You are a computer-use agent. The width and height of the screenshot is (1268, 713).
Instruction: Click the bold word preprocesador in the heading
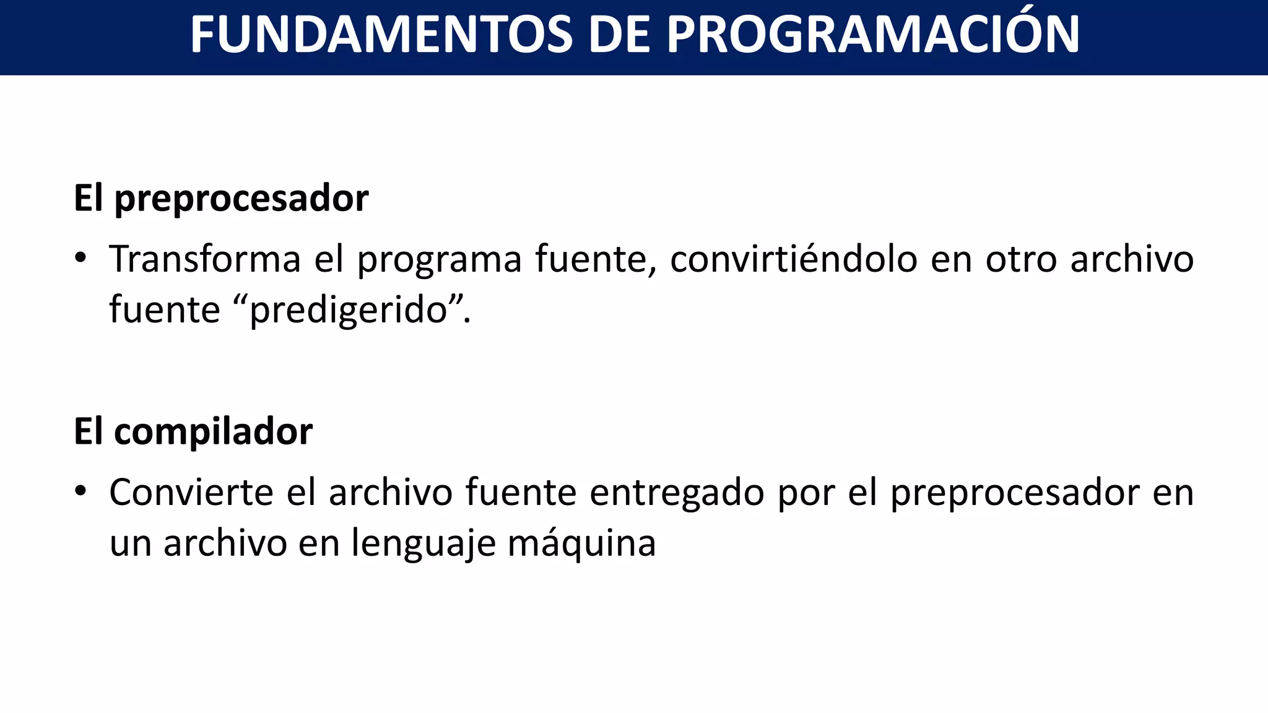point(241,199)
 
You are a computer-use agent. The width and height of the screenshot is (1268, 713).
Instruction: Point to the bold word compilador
point(213,431)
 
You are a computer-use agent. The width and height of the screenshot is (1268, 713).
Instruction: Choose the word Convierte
point(191,493)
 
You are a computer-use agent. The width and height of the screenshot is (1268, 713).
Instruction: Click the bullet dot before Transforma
point(80,257)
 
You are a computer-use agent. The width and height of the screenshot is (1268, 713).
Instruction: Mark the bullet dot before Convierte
point(80,491)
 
